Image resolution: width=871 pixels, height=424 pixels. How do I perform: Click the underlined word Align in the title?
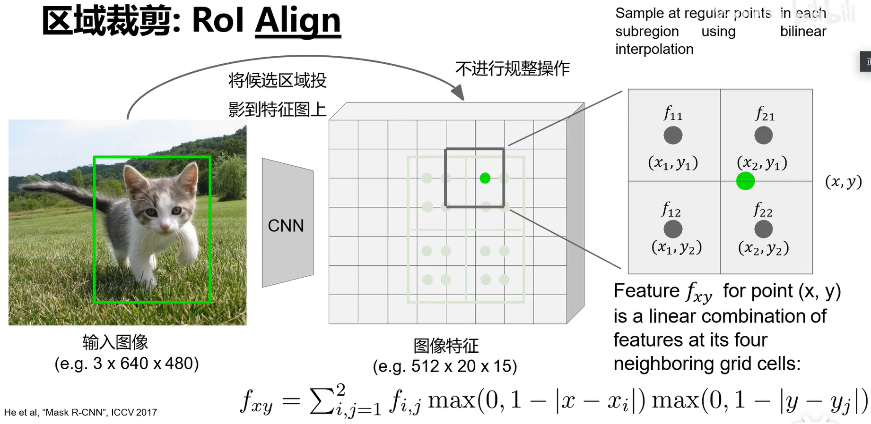298,21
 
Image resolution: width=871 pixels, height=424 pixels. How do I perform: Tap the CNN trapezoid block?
287,223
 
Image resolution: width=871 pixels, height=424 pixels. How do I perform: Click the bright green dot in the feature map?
485,178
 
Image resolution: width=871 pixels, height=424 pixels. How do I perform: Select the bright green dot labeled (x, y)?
745,181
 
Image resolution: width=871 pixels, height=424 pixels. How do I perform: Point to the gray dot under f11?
672,136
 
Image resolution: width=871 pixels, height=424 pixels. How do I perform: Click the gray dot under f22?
763,229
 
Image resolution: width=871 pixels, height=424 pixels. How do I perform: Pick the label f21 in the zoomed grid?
765,114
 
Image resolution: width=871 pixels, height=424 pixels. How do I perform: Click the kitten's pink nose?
165,228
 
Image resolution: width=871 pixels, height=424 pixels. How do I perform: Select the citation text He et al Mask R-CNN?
80,412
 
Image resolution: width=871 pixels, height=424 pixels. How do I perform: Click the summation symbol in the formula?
322,401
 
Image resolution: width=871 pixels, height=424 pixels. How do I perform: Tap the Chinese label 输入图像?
115,342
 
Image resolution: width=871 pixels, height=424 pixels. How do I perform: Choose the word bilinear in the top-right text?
803,31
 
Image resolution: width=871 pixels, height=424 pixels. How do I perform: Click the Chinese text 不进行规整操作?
513,69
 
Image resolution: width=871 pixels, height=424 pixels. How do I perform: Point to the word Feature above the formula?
646,291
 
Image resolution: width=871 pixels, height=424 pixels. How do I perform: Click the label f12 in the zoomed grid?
671,209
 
